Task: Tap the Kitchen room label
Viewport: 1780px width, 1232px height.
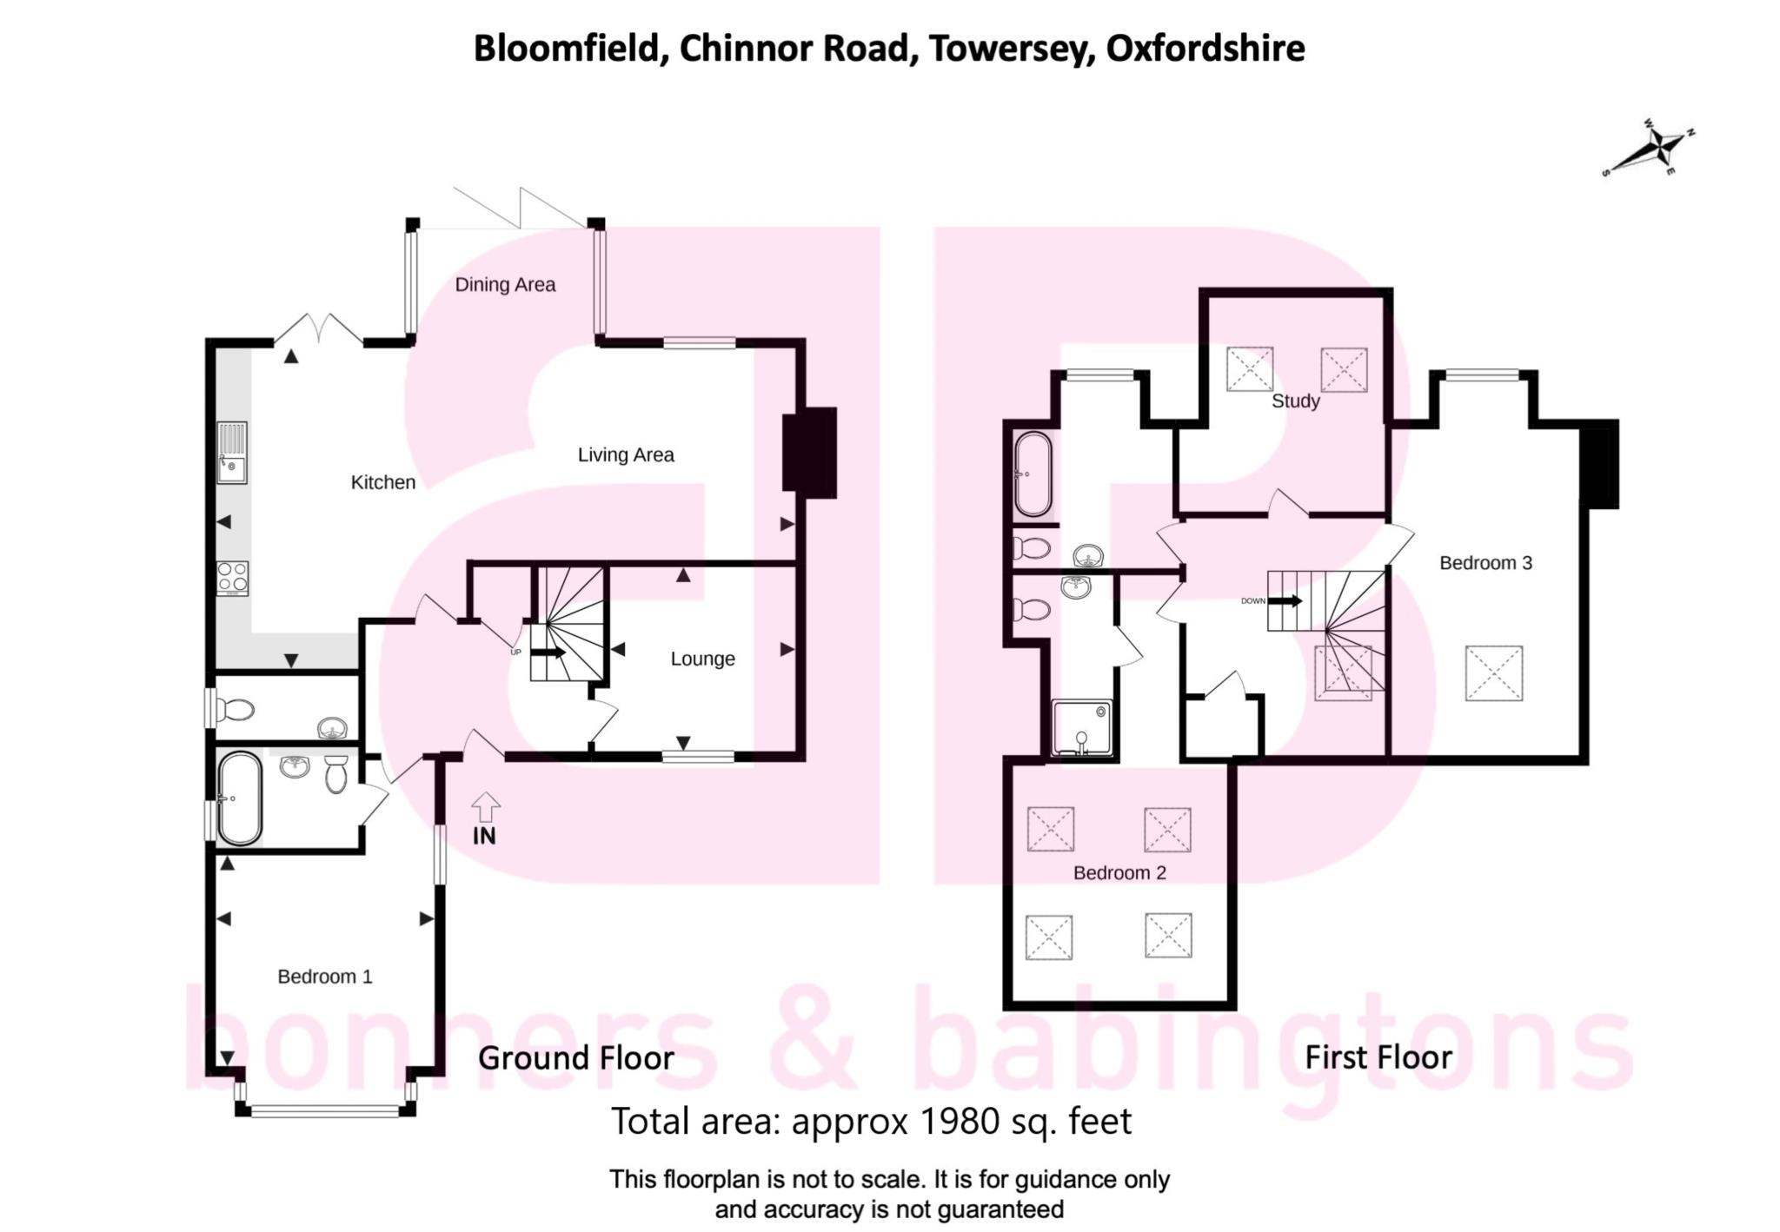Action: pyautogui.click(x=382, y=482)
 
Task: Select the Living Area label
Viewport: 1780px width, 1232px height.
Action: pyautogui.click(x=626, y=454)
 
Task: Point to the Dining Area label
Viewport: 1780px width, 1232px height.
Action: pyautogui.click(x=505, y=284)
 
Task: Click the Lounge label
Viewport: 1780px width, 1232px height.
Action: pyautogui.click(x=702, y=659)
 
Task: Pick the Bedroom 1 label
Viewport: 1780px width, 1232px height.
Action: pyautogui.click(x=324, y=977)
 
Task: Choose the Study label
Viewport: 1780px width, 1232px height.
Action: pyautogui.click(x=1295, y=401)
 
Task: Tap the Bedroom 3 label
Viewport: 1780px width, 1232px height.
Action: pyautogui.click(x=1485, y=563)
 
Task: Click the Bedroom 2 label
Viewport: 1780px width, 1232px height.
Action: pyautogui.click(x=1119, y=872)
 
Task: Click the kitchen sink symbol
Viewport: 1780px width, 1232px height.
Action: pyautogui.click(x=232, y=452)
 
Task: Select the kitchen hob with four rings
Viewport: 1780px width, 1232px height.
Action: pyautogui.click(x=232, y=578)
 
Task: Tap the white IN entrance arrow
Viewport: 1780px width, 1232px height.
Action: pyautogui.click(x=485, y=807)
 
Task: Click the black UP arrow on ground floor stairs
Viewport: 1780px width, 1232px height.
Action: pyautogui.click(x=548, y=652)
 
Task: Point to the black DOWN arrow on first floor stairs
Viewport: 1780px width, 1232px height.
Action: pyautogui.click(x=1285, y=600)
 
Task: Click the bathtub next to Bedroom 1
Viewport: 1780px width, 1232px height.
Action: pyautogui.click(x=239, y=799)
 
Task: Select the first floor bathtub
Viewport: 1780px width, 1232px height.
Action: pyautogui.click(x=1033, y=474)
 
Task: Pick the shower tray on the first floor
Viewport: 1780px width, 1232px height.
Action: pyautogui.click(x=1081, y=728)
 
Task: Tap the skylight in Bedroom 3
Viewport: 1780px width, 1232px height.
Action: pyautogui.click(x=1493, y=672)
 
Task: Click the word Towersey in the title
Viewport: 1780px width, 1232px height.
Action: pyautogui.click(x=1012, y=49)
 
